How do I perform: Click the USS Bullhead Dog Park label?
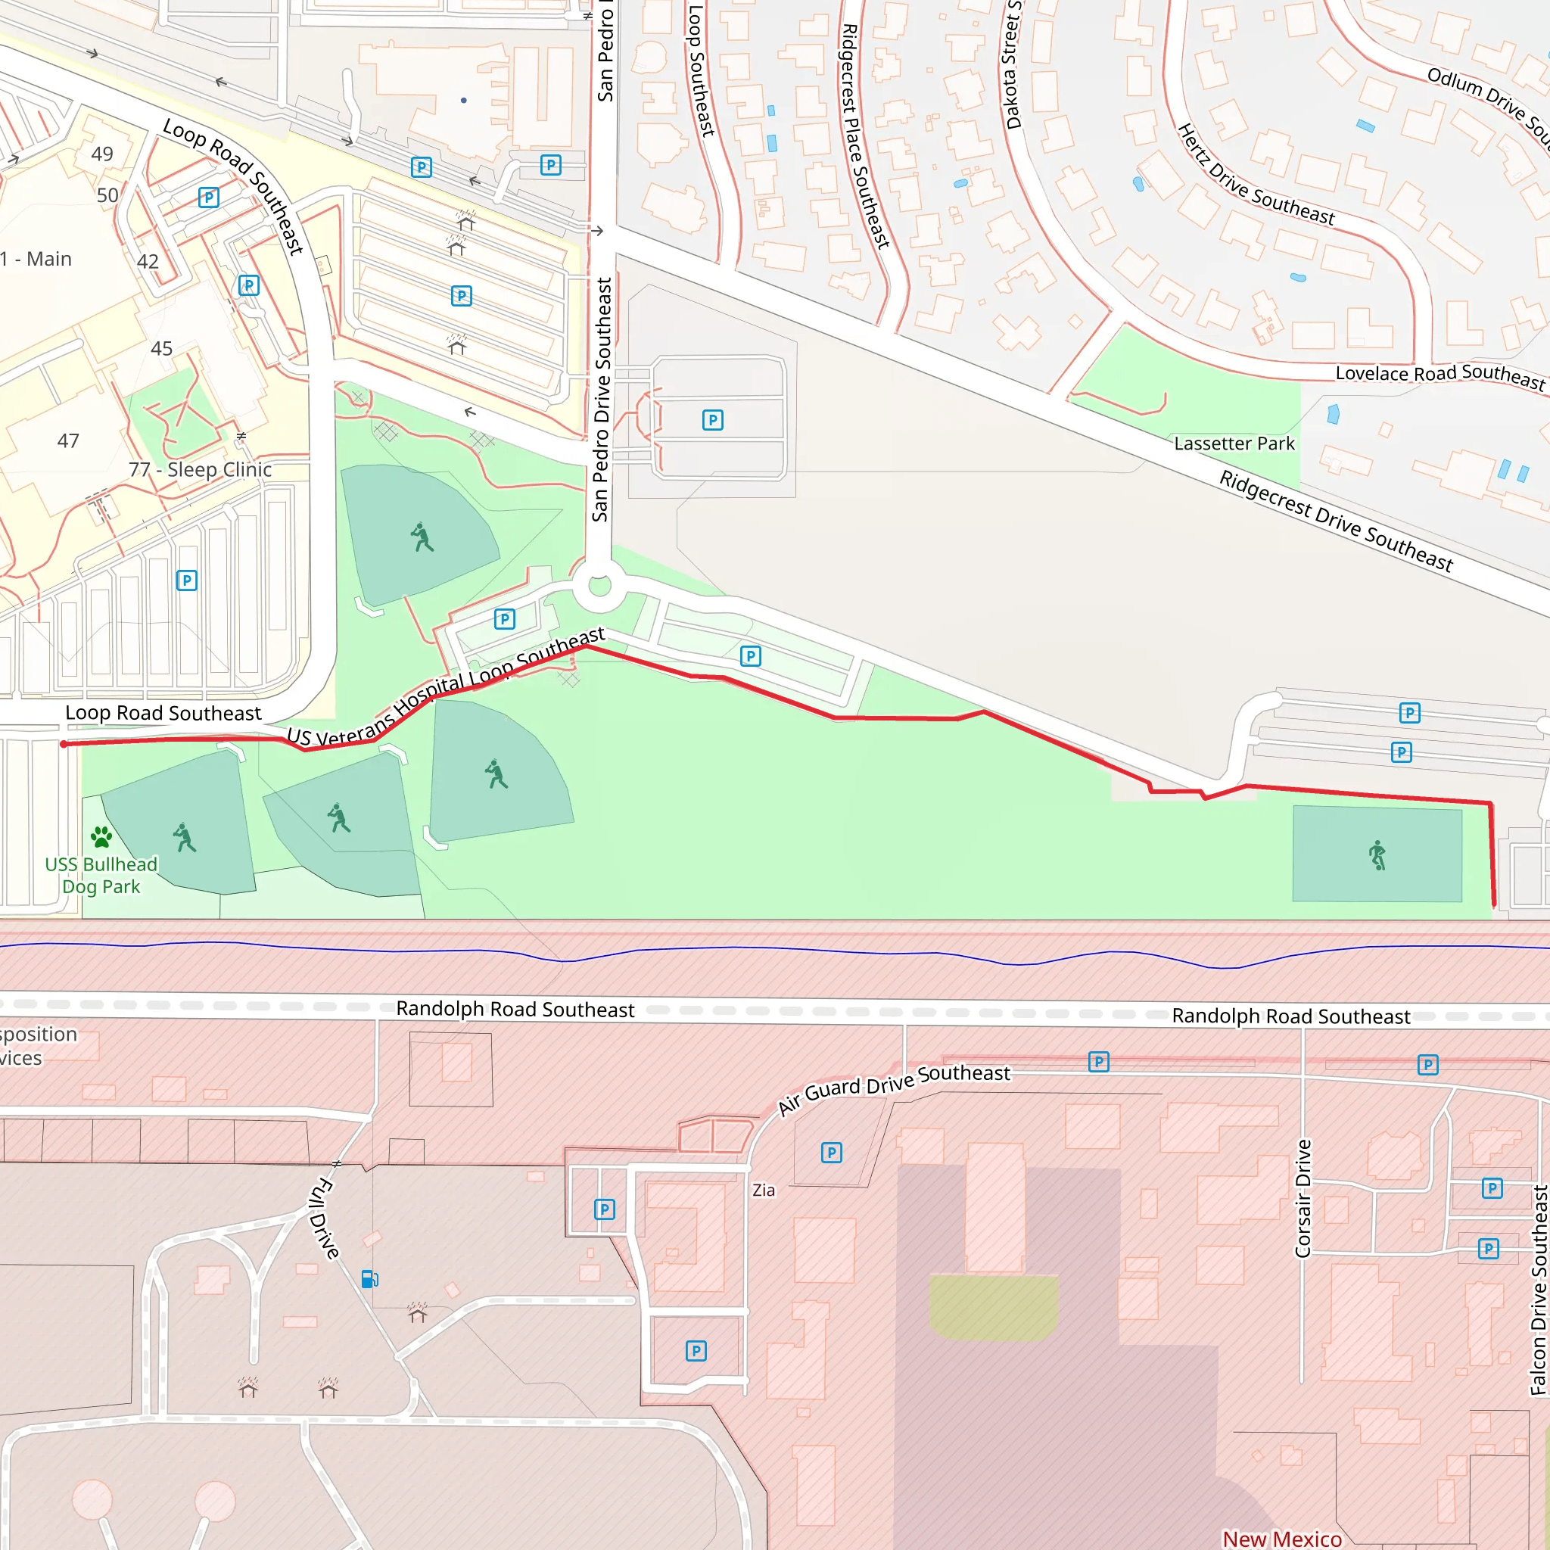coord(101,876)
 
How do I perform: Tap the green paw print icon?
coord(101,837)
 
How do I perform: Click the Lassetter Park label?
coord(1234,444)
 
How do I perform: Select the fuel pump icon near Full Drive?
coord(369,1279)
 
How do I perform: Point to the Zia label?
coord(763,1191)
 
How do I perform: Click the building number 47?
coord(68,440)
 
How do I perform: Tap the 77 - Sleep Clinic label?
coord(200,469)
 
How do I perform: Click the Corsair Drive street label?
coord(1303,1199)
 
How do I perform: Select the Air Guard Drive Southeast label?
coord(894,1088)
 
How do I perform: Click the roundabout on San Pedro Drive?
coord(599,586)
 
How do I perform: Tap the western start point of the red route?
coord(64,745)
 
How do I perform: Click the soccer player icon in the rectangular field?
coord(1377,855)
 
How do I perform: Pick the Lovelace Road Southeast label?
coord(1440,375)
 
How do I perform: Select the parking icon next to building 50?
coord(209,198)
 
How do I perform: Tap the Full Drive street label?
coord(324,1218)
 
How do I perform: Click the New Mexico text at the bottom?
coord(1281,1539)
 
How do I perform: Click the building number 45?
coord(161,348)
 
